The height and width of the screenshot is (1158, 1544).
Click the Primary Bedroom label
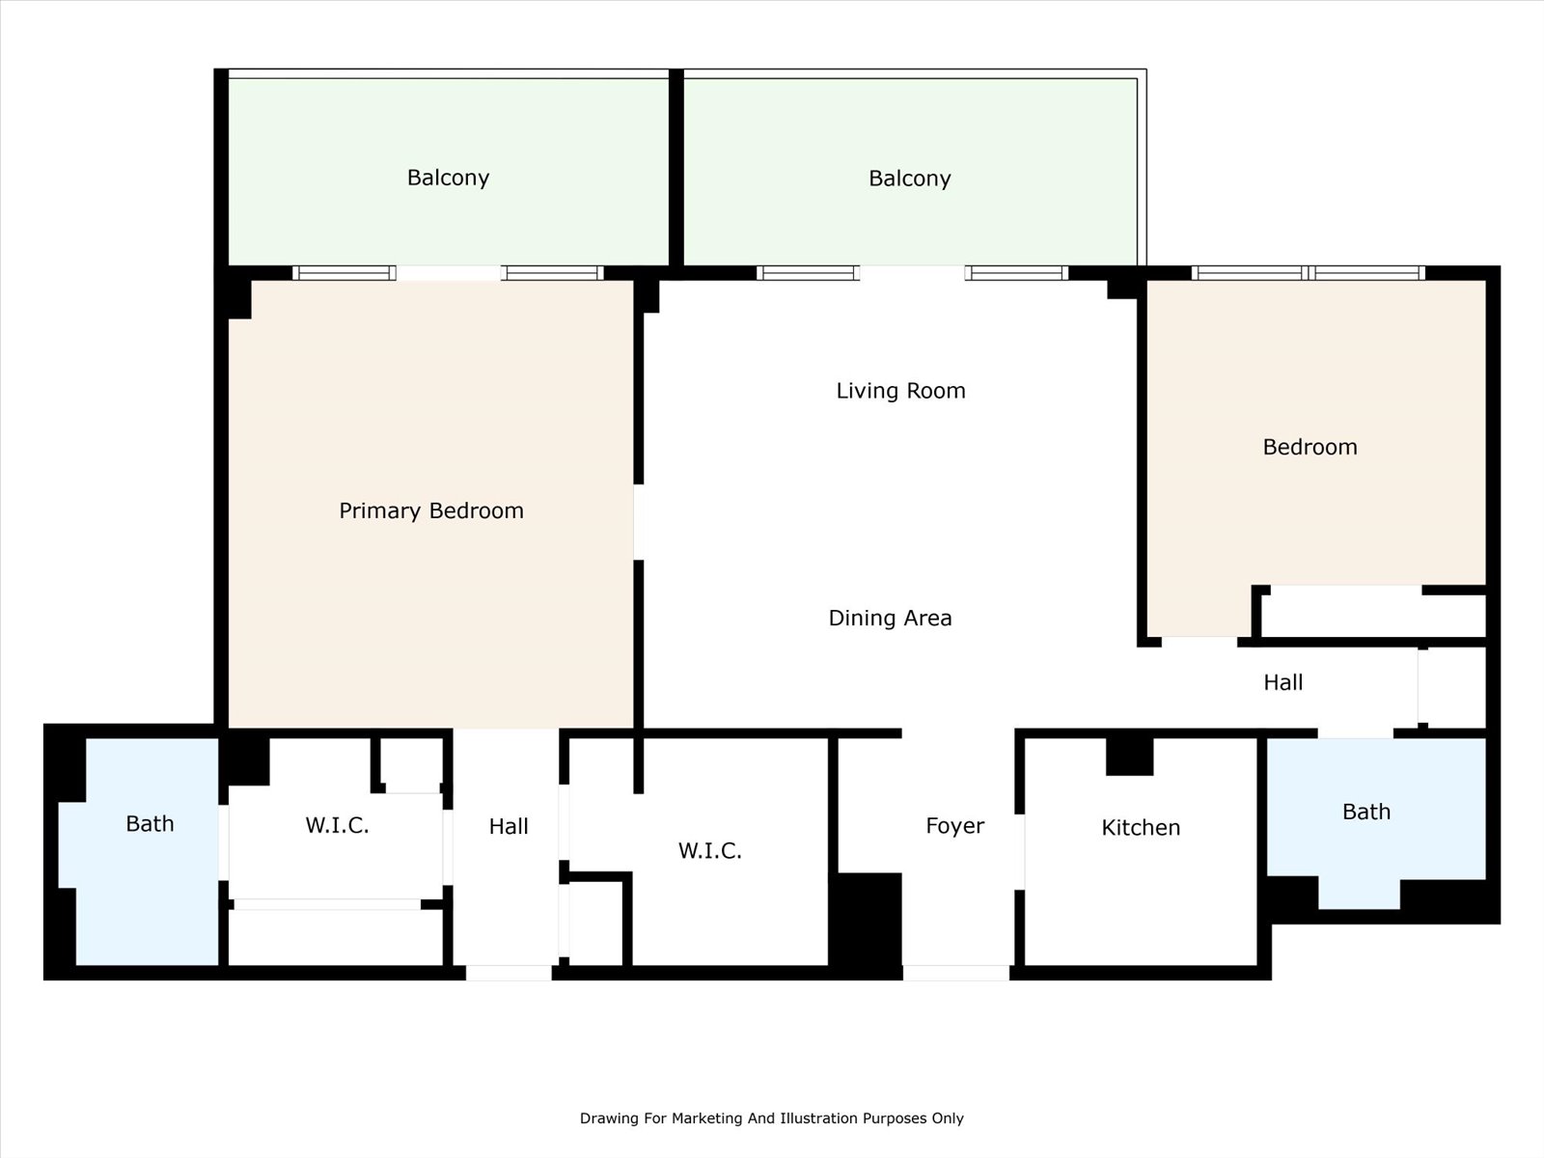431,511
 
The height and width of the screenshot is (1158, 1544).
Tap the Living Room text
900,391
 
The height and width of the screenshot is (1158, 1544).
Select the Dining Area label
890,618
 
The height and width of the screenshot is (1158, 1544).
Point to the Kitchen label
1141,828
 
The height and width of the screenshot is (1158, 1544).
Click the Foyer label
954,826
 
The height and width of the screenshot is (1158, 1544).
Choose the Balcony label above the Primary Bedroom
448,178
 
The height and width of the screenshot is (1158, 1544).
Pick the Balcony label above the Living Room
910,179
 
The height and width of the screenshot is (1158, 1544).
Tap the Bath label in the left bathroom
150,823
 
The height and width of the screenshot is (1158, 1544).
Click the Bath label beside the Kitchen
1366,813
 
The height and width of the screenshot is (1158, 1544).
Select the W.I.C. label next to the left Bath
337,825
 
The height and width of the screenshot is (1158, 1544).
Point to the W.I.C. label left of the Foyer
709,851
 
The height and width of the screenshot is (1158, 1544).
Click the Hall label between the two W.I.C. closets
509,826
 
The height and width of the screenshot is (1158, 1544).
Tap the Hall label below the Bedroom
1283,682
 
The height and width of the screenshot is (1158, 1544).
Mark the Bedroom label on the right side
1310,447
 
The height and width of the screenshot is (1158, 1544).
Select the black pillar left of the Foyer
867,926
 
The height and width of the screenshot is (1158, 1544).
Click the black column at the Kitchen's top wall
1129,757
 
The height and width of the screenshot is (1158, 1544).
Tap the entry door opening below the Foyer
956,973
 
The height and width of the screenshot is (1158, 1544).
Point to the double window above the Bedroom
1309,273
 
